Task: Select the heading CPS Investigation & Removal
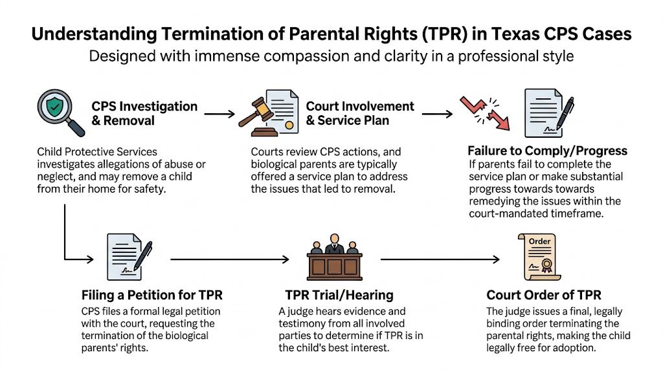point(144,113)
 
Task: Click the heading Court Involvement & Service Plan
point(359,113)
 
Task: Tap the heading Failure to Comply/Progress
point(547,151)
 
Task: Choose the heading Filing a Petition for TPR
point(152,295)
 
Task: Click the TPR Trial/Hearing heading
point(339,295)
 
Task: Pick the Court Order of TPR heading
point(544,295)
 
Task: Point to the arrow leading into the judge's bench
point(230,259)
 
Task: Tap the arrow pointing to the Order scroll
point(440,259)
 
